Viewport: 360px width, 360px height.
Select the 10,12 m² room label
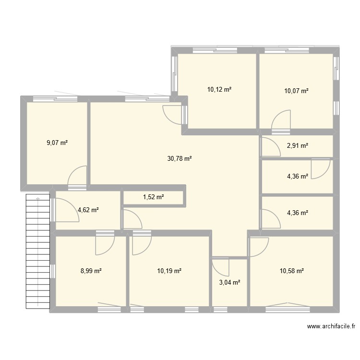(219, 89)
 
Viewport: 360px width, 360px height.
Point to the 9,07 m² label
(57, 143)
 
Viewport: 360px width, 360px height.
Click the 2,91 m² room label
(297, 146)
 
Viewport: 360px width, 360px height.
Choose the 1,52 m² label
(153, 197)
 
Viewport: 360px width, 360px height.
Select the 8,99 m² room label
(91, 271)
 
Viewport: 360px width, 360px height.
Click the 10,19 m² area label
(169, 271)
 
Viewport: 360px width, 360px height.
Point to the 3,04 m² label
(229, 282)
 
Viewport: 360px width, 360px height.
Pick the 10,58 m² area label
(292, 271)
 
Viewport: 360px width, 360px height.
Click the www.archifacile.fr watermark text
(331, 327)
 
